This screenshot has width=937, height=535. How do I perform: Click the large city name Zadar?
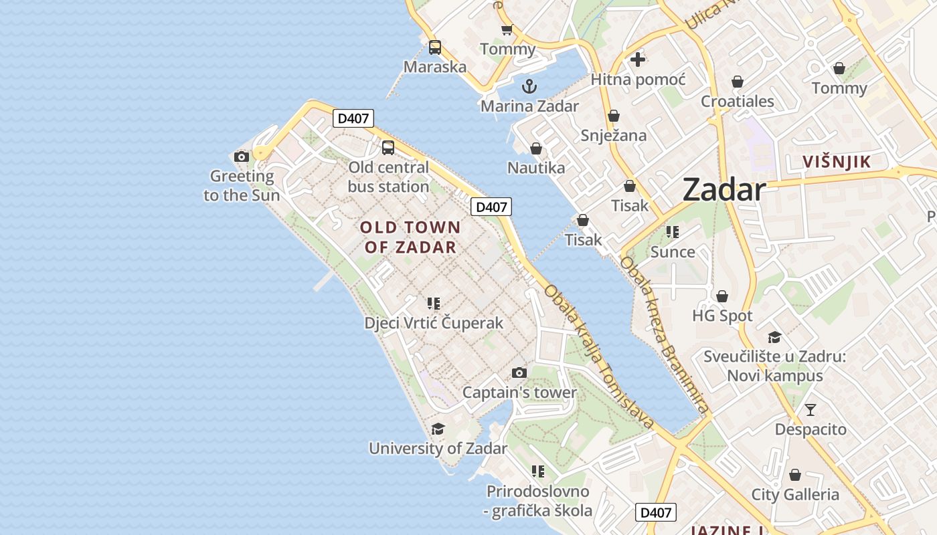pyautogui.click(x=724, y=191)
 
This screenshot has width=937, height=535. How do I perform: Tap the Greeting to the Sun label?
pyautogui.click(x=242, y=186)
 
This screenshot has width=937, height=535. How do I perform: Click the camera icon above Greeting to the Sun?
pyautogui.click(x=242, y=157)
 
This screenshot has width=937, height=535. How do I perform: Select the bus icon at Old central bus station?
pyautogui.click(x=388, y=148)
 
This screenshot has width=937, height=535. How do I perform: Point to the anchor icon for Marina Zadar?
pyautogui.click(x=529, y=86)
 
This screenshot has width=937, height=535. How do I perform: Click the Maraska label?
pyautogui.click(x=435, y=67)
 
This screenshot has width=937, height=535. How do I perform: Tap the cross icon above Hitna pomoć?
pyautogui.click(x=638, y=60)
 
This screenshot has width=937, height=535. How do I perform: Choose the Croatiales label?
pyautogui.click(x=738, y=102)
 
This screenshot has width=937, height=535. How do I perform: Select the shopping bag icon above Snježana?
pyautogui.click(x=614, y=116)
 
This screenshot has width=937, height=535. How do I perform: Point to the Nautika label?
pyautogui.click(x=536, y=168)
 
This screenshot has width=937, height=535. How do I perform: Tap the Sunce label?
pyautogui.click(x=673, y=252)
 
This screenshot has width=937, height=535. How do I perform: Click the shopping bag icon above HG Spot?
pyautogui.click(x=722, y=296)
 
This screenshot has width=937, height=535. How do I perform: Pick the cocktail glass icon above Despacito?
pyautogui.click(x=811, y=409)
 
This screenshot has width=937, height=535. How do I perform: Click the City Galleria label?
pyautogui.click(x=795, y=495)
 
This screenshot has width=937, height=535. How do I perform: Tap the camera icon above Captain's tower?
pyautogui.click(x=519, y=372)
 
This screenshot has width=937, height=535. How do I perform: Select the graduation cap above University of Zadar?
pyautogui.click(x=438, y=429)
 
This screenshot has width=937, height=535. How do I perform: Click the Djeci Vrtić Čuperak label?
pyautogui.click(x=434, y=323)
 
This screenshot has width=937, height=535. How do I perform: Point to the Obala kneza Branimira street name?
pyautogui.click(x=663, y=334)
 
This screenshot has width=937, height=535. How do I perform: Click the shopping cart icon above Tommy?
pyautogui.click(x=507, y=29)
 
